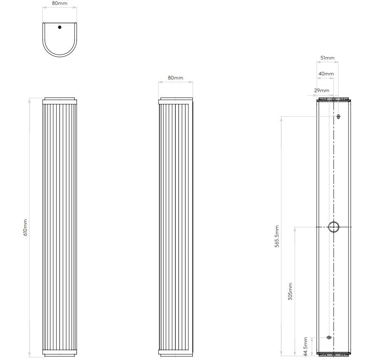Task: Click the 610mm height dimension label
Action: [25, 227]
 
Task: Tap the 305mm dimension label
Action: [290, 292]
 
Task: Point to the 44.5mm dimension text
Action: [306, 345]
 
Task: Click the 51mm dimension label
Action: [327, 58]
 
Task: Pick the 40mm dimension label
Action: [326, 74]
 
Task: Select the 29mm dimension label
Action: [322, 90]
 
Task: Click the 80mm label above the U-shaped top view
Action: [60, 3]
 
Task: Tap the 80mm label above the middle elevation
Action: [175, 77]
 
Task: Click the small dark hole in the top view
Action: [60, 27]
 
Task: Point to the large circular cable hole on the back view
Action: [333, 227]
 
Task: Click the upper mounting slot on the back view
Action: [338, 117]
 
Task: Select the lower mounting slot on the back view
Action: [329, 337]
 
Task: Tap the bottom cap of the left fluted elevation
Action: [60, 353]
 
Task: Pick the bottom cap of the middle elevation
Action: [175, 353]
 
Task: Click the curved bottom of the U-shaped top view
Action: [60, 55]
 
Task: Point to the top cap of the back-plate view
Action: [333, 99]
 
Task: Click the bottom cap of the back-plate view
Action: [333, 354]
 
